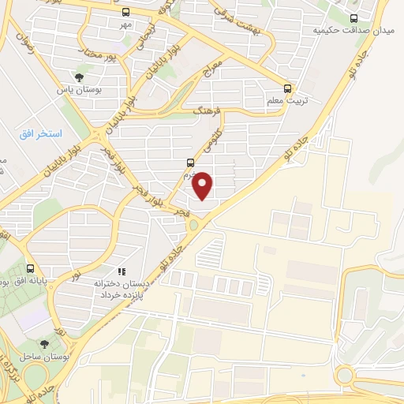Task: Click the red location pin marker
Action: pos(204,185)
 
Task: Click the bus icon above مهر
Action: pos(126,12)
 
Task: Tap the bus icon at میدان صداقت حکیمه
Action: pos(353,17)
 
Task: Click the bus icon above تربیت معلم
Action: pos(288,88)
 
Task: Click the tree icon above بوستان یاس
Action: pos(79,77)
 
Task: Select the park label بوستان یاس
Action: pos(79,90)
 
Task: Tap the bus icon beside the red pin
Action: pos(189,163)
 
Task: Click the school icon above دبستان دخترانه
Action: pos(122,271)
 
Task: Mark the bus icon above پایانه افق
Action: pos(30,268)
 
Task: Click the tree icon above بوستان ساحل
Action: pos(44,344)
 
